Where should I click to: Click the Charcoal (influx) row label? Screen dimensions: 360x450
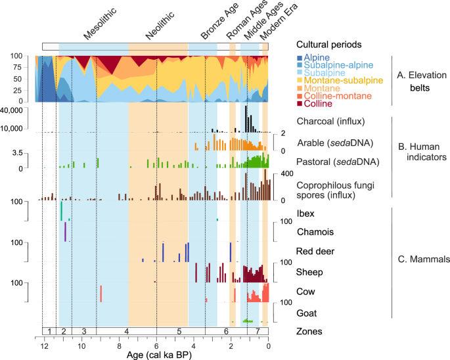(330, 121)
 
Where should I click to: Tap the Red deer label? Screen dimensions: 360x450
(318, 251)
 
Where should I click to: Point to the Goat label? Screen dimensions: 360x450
(309, 313)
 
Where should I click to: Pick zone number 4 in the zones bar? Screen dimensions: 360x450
(125, 330)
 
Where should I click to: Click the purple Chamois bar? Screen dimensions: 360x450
(66, 232)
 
